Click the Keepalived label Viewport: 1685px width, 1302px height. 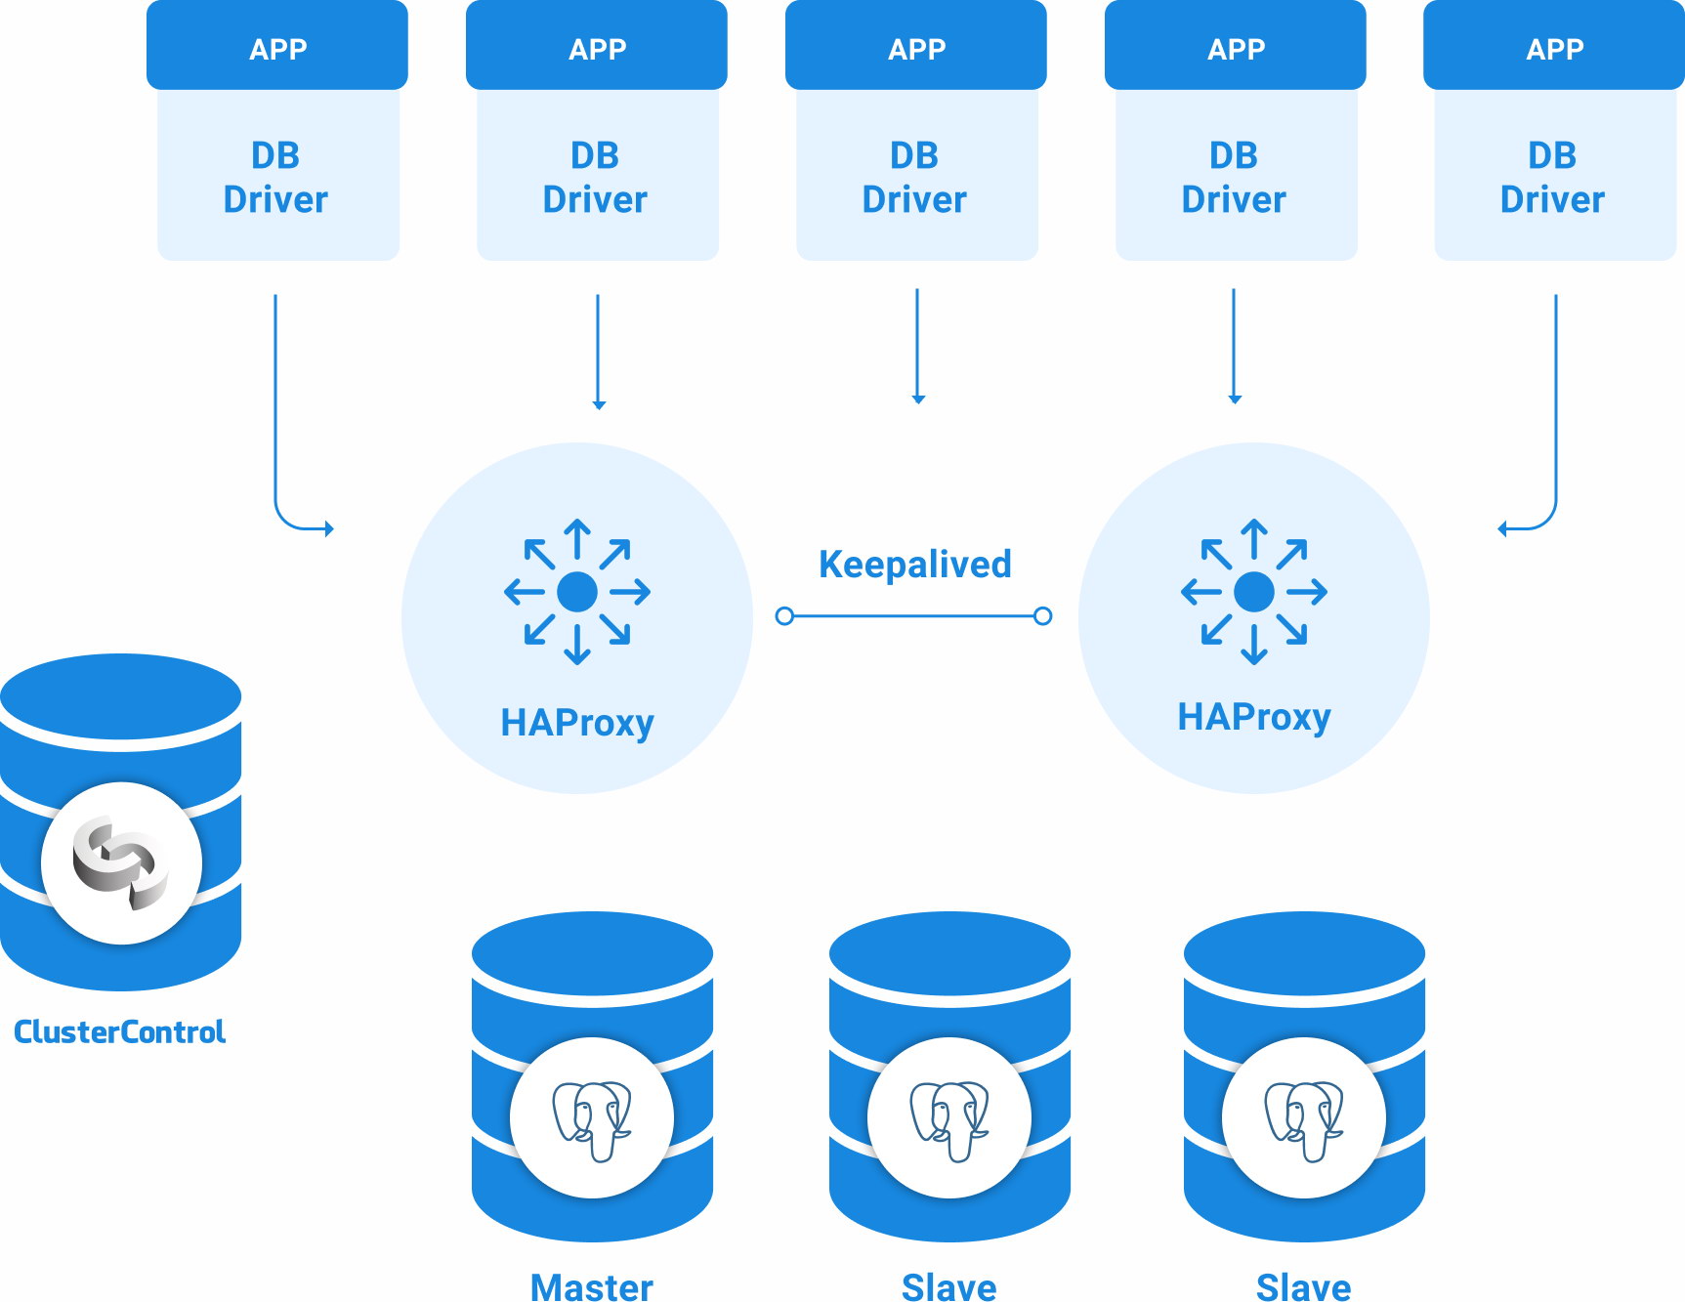914,565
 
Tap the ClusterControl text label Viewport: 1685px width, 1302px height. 119,1031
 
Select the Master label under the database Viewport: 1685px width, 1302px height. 591,1286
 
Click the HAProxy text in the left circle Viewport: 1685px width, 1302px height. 576,723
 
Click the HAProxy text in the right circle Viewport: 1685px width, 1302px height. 1253,717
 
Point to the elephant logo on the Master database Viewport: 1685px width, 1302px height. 592,1119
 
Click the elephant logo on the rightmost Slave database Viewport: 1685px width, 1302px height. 1304,1119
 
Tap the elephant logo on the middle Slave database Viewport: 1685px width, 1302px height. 949,1119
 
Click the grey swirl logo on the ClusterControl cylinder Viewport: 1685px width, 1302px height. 120,862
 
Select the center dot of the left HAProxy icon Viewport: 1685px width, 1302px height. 577,592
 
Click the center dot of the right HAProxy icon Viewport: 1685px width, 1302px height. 1254,592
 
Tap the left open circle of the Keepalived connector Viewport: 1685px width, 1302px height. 783,616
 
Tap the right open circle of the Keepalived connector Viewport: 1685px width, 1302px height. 1043,616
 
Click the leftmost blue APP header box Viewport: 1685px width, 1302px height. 277,47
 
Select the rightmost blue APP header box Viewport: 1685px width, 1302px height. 1554,47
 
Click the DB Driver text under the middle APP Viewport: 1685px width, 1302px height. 914,178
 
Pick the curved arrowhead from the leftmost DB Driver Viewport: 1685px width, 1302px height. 329,528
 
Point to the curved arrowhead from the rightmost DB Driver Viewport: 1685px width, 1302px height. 1502,528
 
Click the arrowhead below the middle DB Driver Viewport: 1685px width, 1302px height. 918,399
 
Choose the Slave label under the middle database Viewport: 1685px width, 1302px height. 948,1286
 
